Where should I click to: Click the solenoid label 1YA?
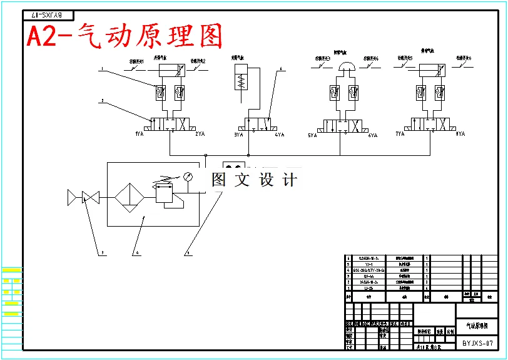click(139, 134)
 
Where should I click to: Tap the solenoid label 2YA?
click(200, 134)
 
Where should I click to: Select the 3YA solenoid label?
click(238, 134)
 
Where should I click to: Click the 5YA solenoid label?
click(313, 135)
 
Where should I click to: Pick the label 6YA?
click(373, 135)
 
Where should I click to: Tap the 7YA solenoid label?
click(400, 134)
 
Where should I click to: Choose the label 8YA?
click(460, 134)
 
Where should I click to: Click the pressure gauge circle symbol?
click(187, 177)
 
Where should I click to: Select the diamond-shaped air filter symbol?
click(129, 198)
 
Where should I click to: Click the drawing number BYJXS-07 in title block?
click(477, 343)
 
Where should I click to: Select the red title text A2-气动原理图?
click(124, 37)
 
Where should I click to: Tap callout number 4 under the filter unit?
click(136, 254)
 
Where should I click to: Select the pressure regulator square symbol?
click(165, 196)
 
